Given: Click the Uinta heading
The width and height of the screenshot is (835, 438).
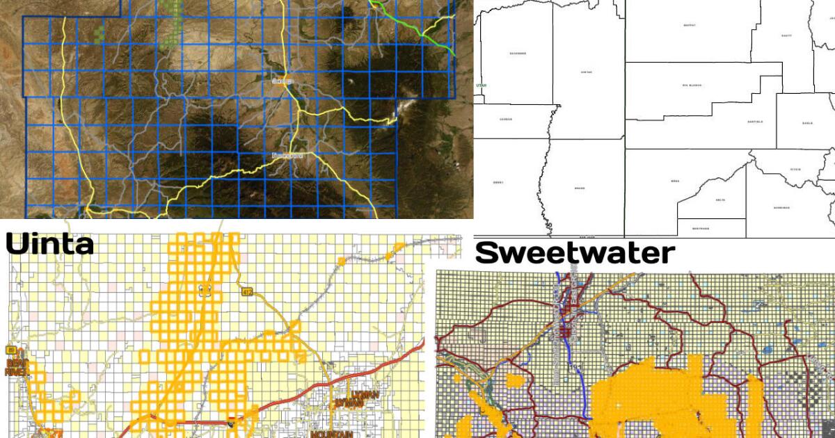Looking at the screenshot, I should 49,244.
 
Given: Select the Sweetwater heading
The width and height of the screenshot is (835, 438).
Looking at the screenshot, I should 574,253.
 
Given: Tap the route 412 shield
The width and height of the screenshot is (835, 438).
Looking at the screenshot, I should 248,293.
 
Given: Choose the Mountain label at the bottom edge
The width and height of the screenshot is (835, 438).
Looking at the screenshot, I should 331,434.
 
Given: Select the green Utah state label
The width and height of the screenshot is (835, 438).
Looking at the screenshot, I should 479,86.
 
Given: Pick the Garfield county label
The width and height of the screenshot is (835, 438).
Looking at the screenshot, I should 754,122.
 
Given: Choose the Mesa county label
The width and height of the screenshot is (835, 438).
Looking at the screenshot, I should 655,181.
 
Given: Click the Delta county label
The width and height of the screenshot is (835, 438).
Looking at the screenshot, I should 720,200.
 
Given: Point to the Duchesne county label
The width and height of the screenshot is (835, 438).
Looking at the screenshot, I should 517,54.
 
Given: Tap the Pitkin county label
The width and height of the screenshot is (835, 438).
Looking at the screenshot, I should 795,169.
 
